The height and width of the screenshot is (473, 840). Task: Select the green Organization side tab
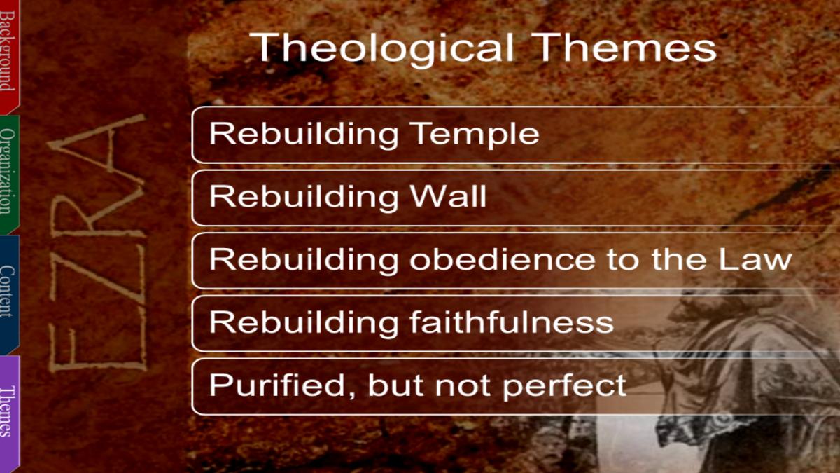(x=9, y=174)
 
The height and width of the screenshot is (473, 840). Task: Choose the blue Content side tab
(x=9, y=294)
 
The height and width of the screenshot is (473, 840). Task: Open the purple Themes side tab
(x=9, y=413)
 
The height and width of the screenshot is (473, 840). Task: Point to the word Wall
(x=448, y=196)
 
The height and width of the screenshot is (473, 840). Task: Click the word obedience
(x=502, y=259)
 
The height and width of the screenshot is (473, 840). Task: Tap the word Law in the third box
(x=755, y=259)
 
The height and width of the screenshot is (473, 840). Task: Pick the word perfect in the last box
(x=564, y=387)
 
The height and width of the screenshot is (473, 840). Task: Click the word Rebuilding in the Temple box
(x=304, y=135)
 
